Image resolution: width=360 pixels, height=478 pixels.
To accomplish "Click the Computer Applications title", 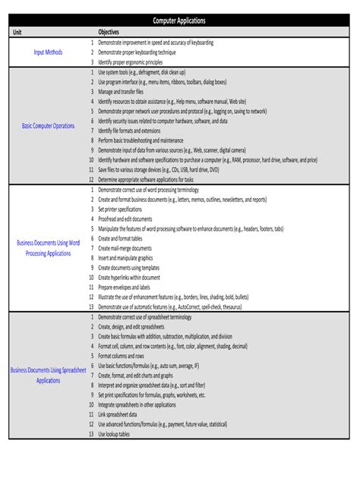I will coord(179,22).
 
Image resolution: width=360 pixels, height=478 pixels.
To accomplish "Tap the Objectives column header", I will coord(109,33).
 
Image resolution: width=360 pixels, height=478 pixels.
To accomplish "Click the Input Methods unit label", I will coord(48,52).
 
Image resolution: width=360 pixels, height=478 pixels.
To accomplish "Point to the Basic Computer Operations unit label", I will coord(49,125).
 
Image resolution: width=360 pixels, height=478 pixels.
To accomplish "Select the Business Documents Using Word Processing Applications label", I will coord(48,247).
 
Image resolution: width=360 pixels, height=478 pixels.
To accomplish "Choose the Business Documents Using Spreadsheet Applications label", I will coord(48,375).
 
